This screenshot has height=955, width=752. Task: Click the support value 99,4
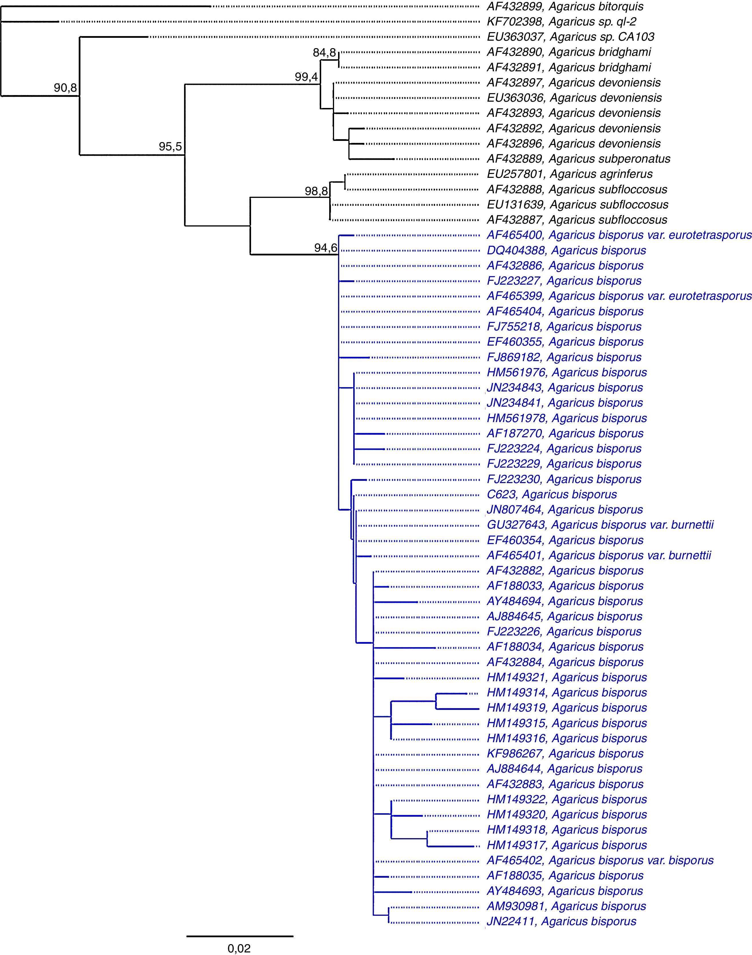tap(306, 77)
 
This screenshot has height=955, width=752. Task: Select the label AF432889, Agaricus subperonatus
tap(578, 159)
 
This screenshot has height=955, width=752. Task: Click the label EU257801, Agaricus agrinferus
tap(569, 174)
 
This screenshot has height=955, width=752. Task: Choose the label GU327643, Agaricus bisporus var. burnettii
tap(600, 525)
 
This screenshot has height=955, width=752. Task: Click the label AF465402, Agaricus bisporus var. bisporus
tap(600, 860)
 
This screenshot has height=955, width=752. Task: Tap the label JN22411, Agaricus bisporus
tap(561, 921)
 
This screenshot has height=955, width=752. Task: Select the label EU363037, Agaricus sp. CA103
tap(570, 37)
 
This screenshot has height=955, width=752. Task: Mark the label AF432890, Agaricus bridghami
tap(569, 52)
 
